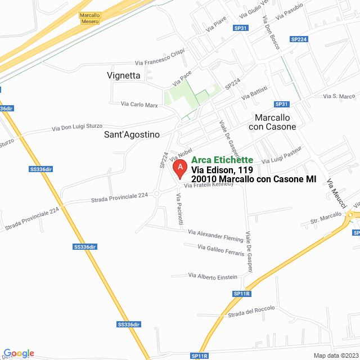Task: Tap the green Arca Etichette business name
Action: click(222, 160)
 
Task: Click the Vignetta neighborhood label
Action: click(123, 75)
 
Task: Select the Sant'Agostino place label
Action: click(132, 134)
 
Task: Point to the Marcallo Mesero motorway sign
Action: click(89, 19)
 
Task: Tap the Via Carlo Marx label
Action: click(139, 104)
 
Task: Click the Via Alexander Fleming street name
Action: click(215, 235)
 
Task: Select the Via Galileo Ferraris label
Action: click(220, 250)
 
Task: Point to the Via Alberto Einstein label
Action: click(213, 276)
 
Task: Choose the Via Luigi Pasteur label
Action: click(282, 155)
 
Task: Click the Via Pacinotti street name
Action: click(179, 209)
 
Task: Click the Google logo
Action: click(18, 353)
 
